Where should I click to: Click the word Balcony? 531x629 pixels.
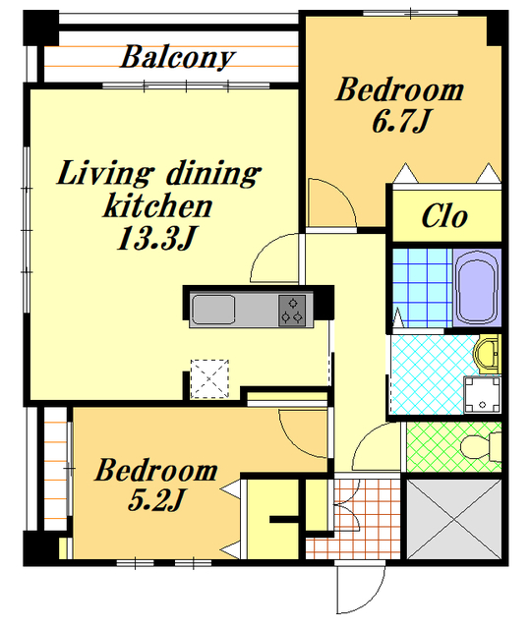click(x=177, y=57)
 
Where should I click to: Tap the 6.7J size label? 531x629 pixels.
click(x=401, y=121)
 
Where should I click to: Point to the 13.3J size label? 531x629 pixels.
click(x=156, y=238)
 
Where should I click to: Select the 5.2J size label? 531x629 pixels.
click(x=155, y=499)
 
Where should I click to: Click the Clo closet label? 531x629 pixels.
click(x=444, y=216)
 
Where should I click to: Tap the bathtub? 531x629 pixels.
click(x=478, y=287)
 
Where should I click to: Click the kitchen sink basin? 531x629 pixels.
click(x=212, y=310)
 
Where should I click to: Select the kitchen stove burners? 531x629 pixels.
click(x=292, y=311)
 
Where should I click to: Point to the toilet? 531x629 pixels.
click(x=481, y=447)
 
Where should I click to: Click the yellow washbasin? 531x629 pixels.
click(x=487, y=353)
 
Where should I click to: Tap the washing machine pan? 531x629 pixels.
click(x=482, y=395)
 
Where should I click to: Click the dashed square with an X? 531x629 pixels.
click(x=209, y=379)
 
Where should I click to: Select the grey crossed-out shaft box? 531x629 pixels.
click(x=454, y=519)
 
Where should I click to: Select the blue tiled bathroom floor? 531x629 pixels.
click(x=422, y=288)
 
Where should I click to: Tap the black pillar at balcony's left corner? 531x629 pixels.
click(x=41, y=29)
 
